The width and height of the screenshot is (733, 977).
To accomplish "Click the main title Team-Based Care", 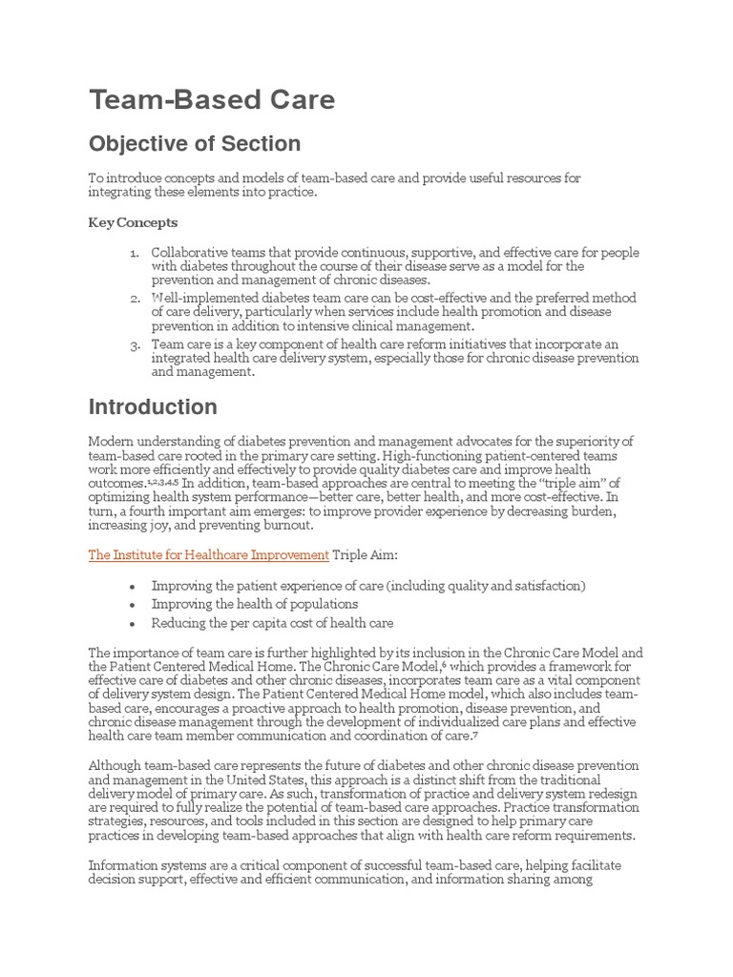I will pos(212,100).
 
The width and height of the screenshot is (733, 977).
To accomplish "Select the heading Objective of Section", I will pos(195,144).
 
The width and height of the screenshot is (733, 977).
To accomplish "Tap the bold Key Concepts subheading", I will pos(133,222).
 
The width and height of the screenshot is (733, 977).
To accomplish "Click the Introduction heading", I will pos(153,407).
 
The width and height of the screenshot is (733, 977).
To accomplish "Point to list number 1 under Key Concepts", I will pos(135,253).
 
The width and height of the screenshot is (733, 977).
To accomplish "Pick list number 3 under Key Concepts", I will pos(135,344).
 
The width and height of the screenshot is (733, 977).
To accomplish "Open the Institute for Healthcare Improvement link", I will pos(208,554).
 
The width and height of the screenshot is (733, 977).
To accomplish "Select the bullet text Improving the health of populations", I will pos(255,604).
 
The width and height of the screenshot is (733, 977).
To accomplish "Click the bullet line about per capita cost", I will pos(272,623).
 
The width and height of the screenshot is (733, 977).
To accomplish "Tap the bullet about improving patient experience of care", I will pos(368,585).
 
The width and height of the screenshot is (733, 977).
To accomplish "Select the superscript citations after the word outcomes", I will pos(161,482).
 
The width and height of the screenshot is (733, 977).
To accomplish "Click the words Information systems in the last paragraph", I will pos(144,865).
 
